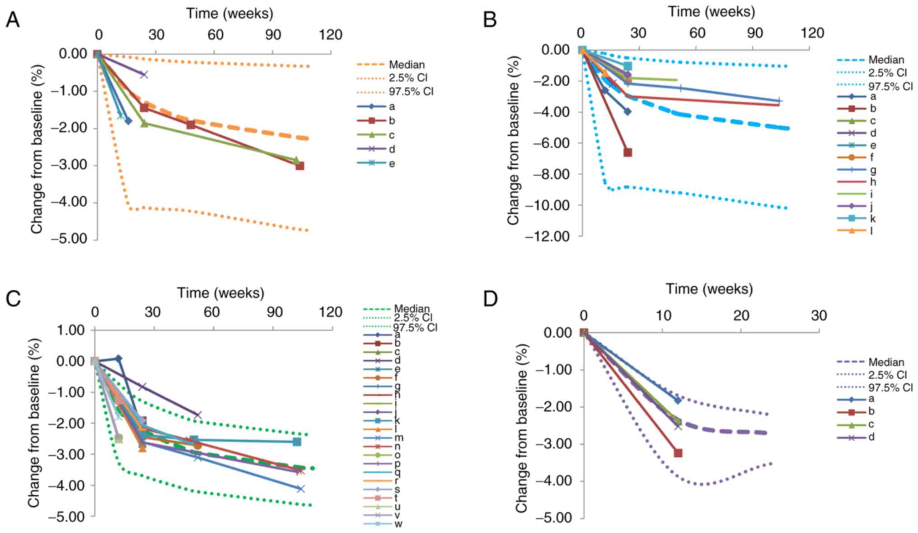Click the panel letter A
pos(13,20)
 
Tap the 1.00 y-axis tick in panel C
pos(72,330)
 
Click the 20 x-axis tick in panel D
pos(741,316)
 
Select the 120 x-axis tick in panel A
pos(331,35)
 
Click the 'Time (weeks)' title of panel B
pos(712,11)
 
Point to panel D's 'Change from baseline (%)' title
pos(522,428)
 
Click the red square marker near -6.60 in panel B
pos(628,152)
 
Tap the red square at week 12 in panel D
pos(678,453)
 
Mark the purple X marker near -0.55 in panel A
pos(144,75)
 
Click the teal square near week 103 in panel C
pos(297,441)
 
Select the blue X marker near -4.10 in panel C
pos(300,488)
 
